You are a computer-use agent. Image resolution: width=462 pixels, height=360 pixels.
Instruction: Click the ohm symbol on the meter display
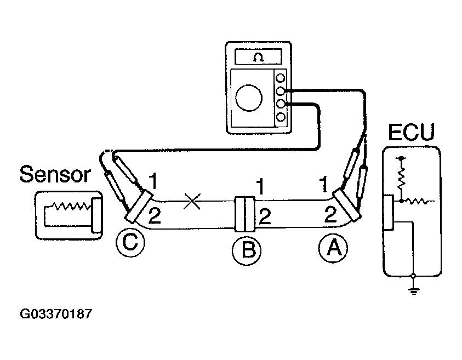(258, 56)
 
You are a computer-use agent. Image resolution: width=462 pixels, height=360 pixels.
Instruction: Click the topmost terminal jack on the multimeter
(281, 78)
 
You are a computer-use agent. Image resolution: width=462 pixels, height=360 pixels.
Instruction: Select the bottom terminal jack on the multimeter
(281, 117)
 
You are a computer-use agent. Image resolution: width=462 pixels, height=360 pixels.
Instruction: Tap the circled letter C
(130, 242)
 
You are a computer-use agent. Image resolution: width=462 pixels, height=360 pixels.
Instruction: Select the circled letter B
(246, 251)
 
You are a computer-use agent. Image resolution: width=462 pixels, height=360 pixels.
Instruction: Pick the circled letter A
(333, 249)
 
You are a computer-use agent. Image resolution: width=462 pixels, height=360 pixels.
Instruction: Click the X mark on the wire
(191, 202)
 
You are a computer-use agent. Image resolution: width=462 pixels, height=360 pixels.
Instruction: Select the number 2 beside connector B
(265, 218)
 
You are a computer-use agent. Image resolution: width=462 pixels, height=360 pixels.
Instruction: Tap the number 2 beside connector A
(330, 214)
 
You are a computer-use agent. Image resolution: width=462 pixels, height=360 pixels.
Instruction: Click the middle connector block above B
(244, 214)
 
